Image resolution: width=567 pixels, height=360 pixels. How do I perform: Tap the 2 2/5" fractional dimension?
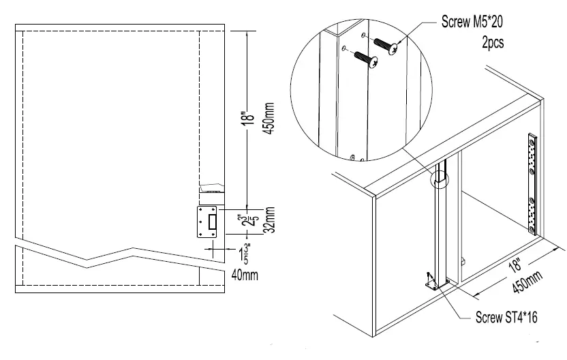[253, 222]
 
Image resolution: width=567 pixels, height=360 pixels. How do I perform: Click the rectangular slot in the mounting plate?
[213, 222]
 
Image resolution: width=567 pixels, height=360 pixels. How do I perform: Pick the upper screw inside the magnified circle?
[386, 48]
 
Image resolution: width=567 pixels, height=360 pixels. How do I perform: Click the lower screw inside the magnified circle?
[367, 61]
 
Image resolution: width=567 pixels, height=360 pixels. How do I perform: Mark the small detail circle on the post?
[440, 179]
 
